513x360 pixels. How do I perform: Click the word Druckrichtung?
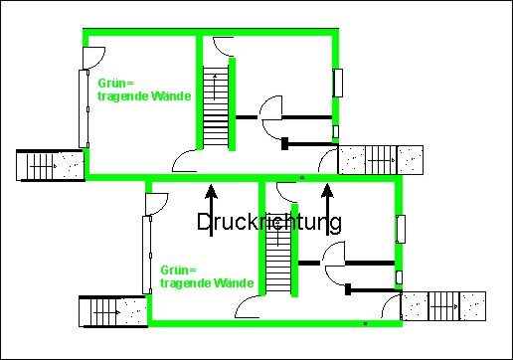point(269,222)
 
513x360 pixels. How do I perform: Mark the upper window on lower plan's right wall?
point(401,228)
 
